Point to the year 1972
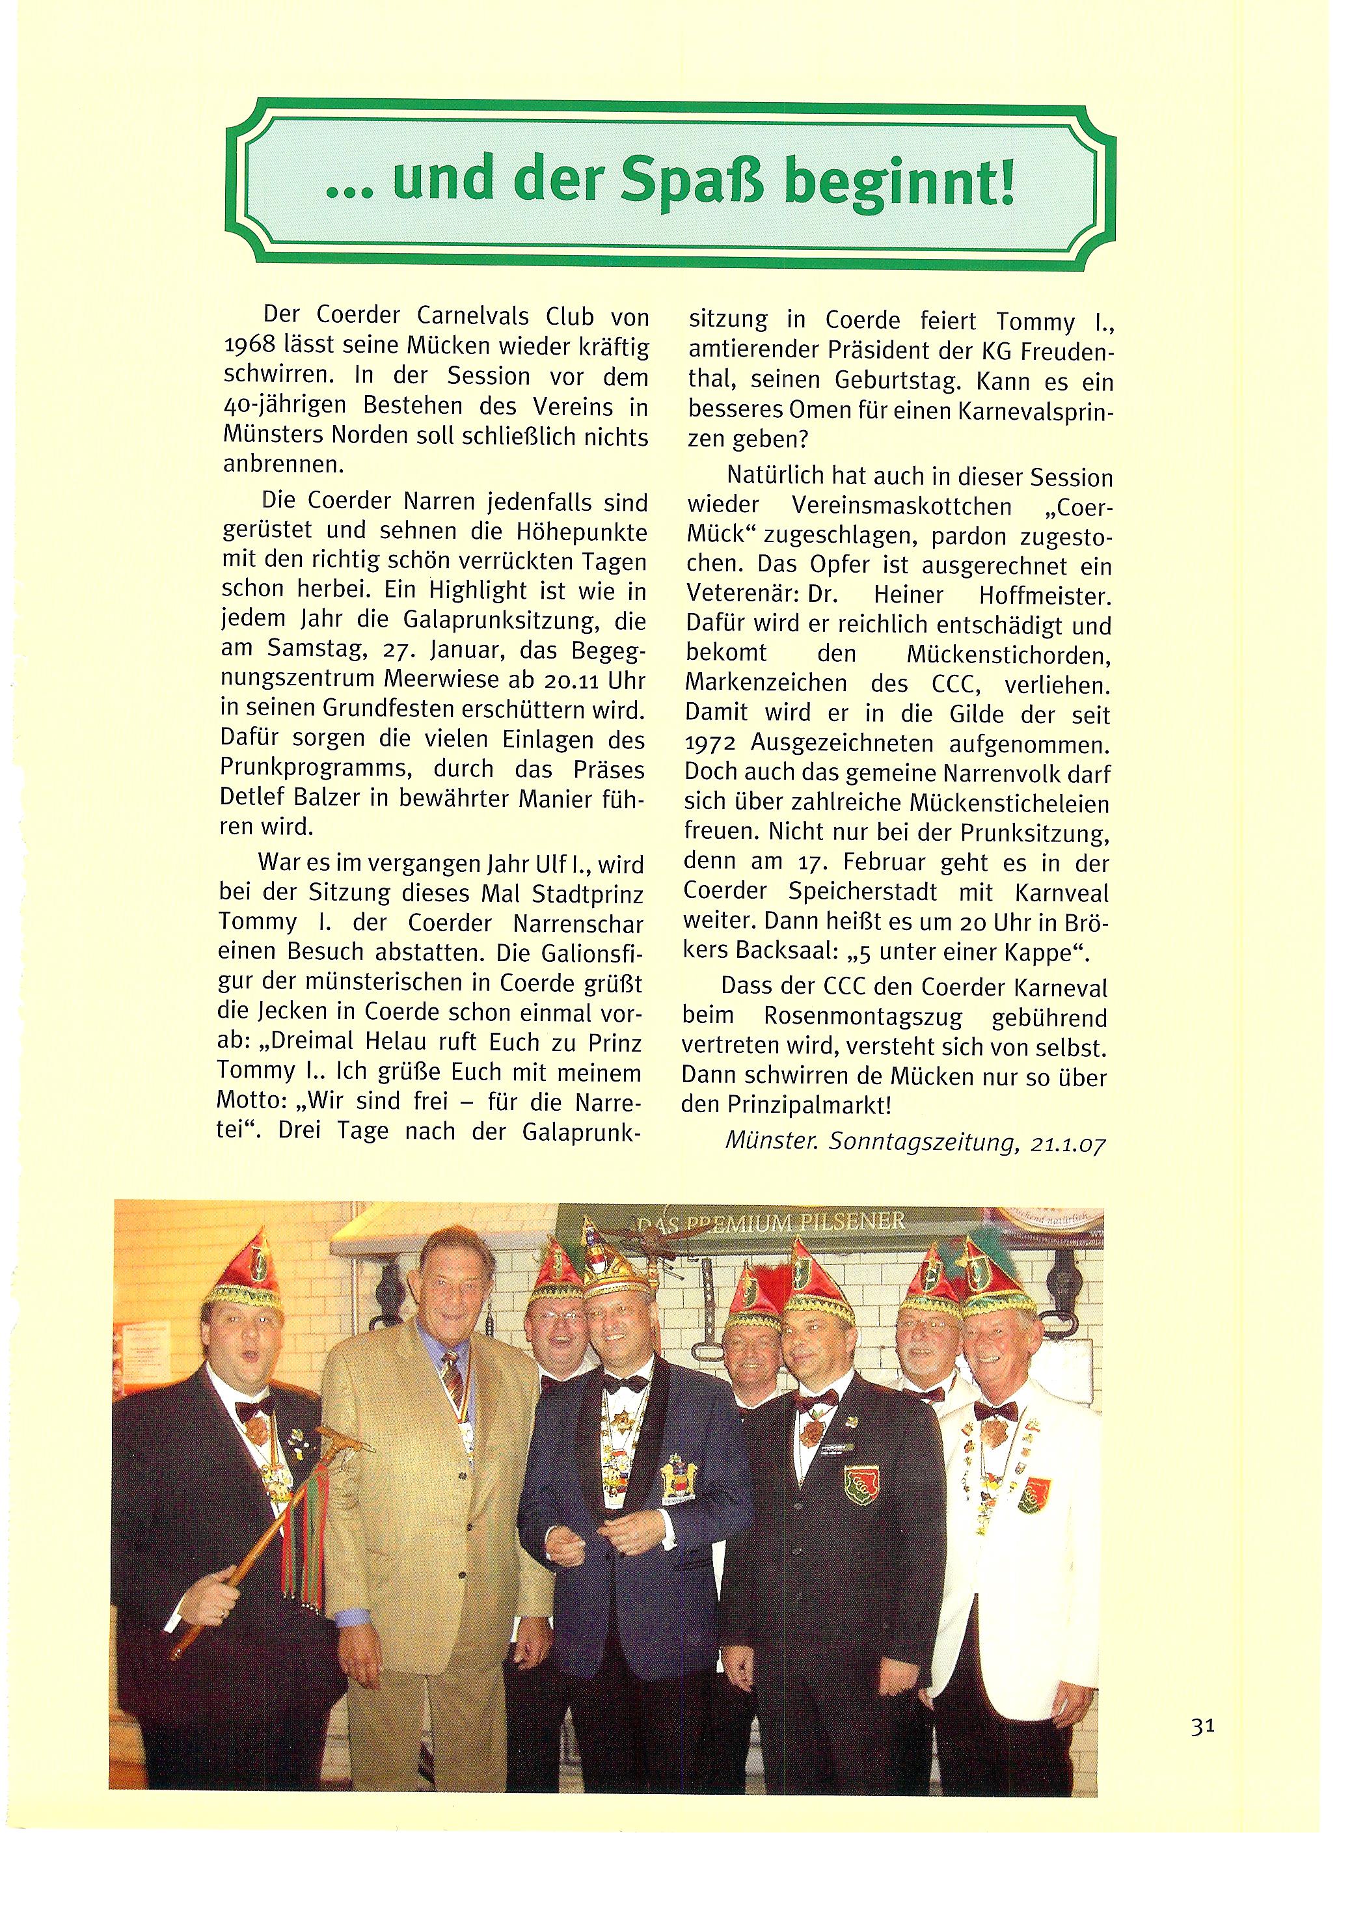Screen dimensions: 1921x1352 click(709, 744)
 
